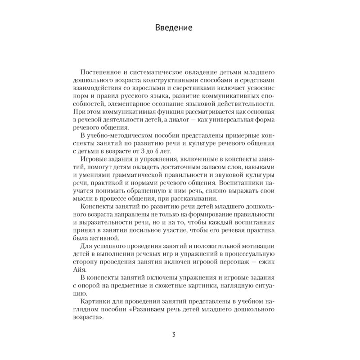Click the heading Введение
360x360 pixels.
174,28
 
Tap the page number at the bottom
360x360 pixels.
174,334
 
